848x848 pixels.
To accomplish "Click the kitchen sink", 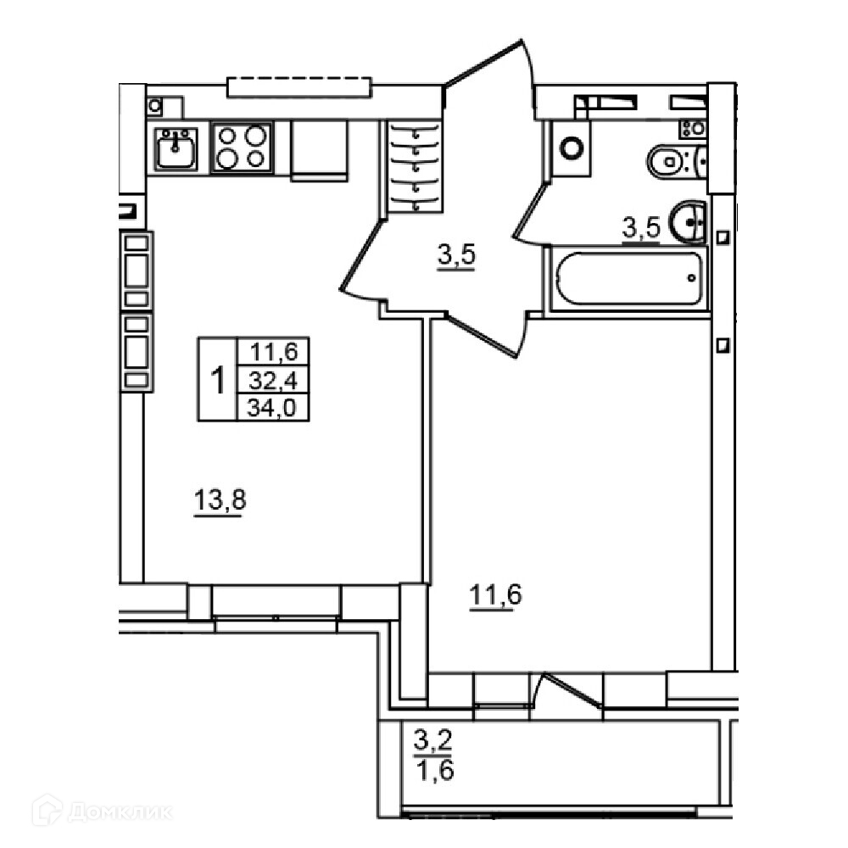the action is (176, 148).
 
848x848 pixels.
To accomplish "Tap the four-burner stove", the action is (242, 147).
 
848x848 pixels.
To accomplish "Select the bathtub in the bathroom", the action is (629, 278).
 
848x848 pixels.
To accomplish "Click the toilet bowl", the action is (676, 160).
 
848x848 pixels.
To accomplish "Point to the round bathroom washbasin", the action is (688, 221).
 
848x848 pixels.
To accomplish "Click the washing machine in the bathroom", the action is (571, 148).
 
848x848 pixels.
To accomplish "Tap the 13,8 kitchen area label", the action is (220, 500).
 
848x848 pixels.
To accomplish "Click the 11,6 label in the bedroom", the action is (495, 595).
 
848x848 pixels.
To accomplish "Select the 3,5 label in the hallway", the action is (457, 254).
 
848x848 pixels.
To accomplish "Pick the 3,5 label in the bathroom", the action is (641, 227).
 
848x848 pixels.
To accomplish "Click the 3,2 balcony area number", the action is (433, 739).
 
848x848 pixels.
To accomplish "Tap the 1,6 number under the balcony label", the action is (435, 769).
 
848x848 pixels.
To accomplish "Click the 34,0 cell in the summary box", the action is (272, 407).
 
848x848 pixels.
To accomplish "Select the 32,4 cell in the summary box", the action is (272, 380).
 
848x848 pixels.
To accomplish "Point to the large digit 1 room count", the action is (218, 380).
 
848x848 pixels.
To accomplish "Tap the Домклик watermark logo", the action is (103, 812).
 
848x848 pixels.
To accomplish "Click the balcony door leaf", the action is (573, 689).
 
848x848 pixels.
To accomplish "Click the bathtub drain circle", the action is (692, 278).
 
